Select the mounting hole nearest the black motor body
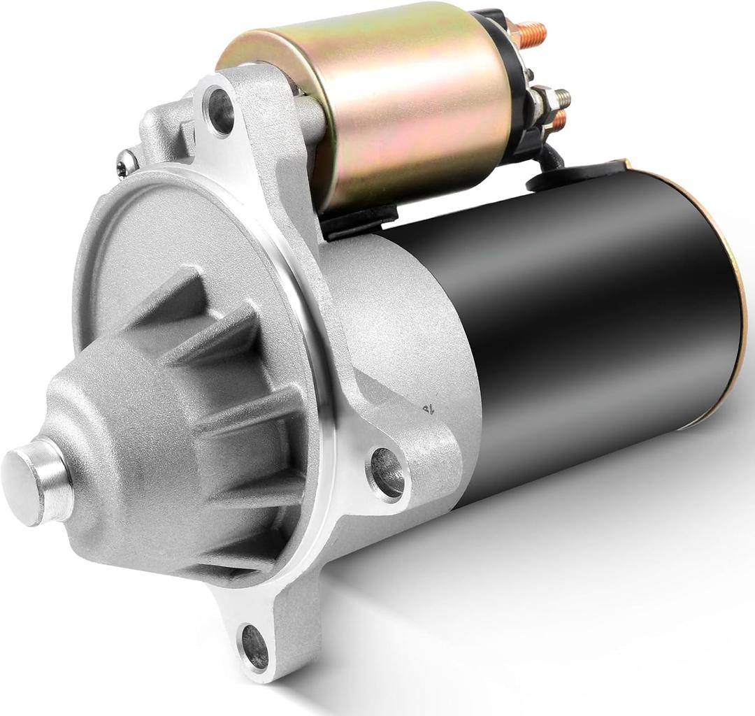pyautogui.click(x=387, y=473)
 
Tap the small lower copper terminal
pyautogui.click(x=559, y=121)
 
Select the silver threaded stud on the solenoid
pyautogui.click(x=559, y=99)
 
